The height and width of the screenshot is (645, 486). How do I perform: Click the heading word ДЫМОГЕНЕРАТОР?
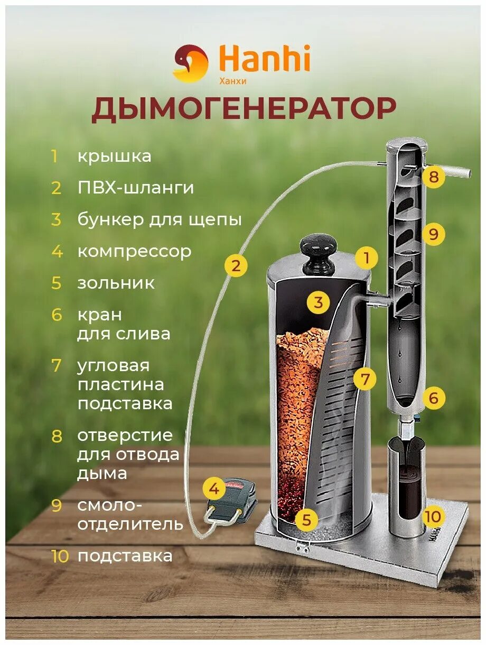[x=244, y=109]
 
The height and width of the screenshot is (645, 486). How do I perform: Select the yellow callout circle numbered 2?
[x=236, y=266]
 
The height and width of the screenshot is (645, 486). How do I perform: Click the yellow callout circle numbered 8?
[x=434, y=177]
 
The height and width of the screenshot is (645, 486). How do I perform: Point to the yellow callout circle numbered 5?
[x=307, y=520]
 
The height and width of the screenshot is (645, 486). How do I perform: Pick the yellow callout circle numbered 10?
[x=434, y=517]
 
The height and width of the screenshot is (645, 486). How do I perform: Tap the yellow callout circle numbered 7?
[x=365, y=379]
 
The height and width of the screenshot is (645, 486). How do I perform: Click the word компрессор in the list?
[x=134, y=252]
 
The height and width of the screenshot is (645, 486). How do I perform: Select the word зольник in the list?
[x=116, y=283]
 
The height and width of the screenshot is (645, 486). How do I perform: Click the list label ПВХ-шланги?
[x=136, y=188]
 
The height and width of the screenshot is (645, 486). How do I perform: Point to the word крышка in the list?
[x=114, y=156]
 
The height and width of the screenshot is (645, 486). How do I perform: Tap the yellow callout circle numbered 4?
[x=213, y=489]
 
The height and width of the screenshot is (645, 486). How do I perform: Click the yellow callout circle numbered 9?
[x=434, y=234]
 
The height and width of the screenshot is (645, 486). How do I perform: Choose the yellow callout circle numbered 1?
[x=366, y=259]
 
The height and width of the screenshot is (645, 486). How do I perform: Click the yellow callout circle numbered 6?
[x=434, y=398]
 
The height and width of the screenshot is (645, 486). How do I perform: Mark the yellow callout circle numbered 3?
[x=318, y=303]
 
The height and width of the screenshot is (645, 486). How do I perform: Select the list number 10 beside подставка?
[x=60, y=556]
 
